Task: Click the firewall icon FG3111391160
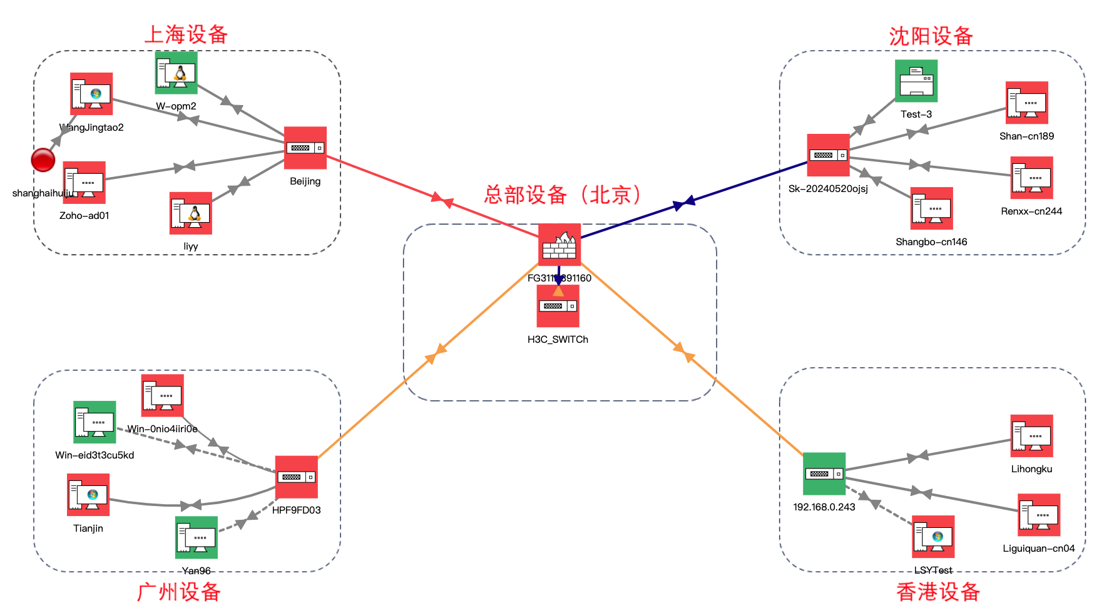[560, 245]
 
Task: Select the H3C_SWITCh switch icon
[558, 306]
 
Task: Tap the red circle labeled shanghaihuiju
[43, 160]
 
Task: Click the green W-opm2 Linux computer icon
[176, 73]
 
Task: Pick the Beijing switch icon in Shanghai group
[305, 148]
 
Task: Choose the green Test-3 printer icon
[916, 81]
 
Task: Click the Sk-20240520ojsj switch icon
[828, 155]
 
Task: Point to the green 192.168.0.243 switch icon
[824, 474]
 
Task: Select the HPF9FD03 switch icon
[297, 477]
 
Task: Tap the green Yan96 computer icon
[197, 537]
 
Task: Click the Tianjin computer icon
[88, 495]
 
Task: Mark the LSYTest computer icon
[933, 537]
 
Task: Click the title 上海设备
[186, 34]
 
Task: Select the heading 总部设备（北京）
[563, 195]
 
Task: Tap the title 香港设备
[938, 591]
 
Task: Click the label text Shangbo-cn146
[931, 242]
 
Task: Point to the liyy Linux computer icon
[191, 213]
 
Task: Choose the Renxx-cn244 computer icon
[1032, 178]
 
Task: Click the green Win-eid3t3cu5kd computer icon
[95, 422]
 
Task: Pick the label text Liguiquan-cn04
[1038, 549]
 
